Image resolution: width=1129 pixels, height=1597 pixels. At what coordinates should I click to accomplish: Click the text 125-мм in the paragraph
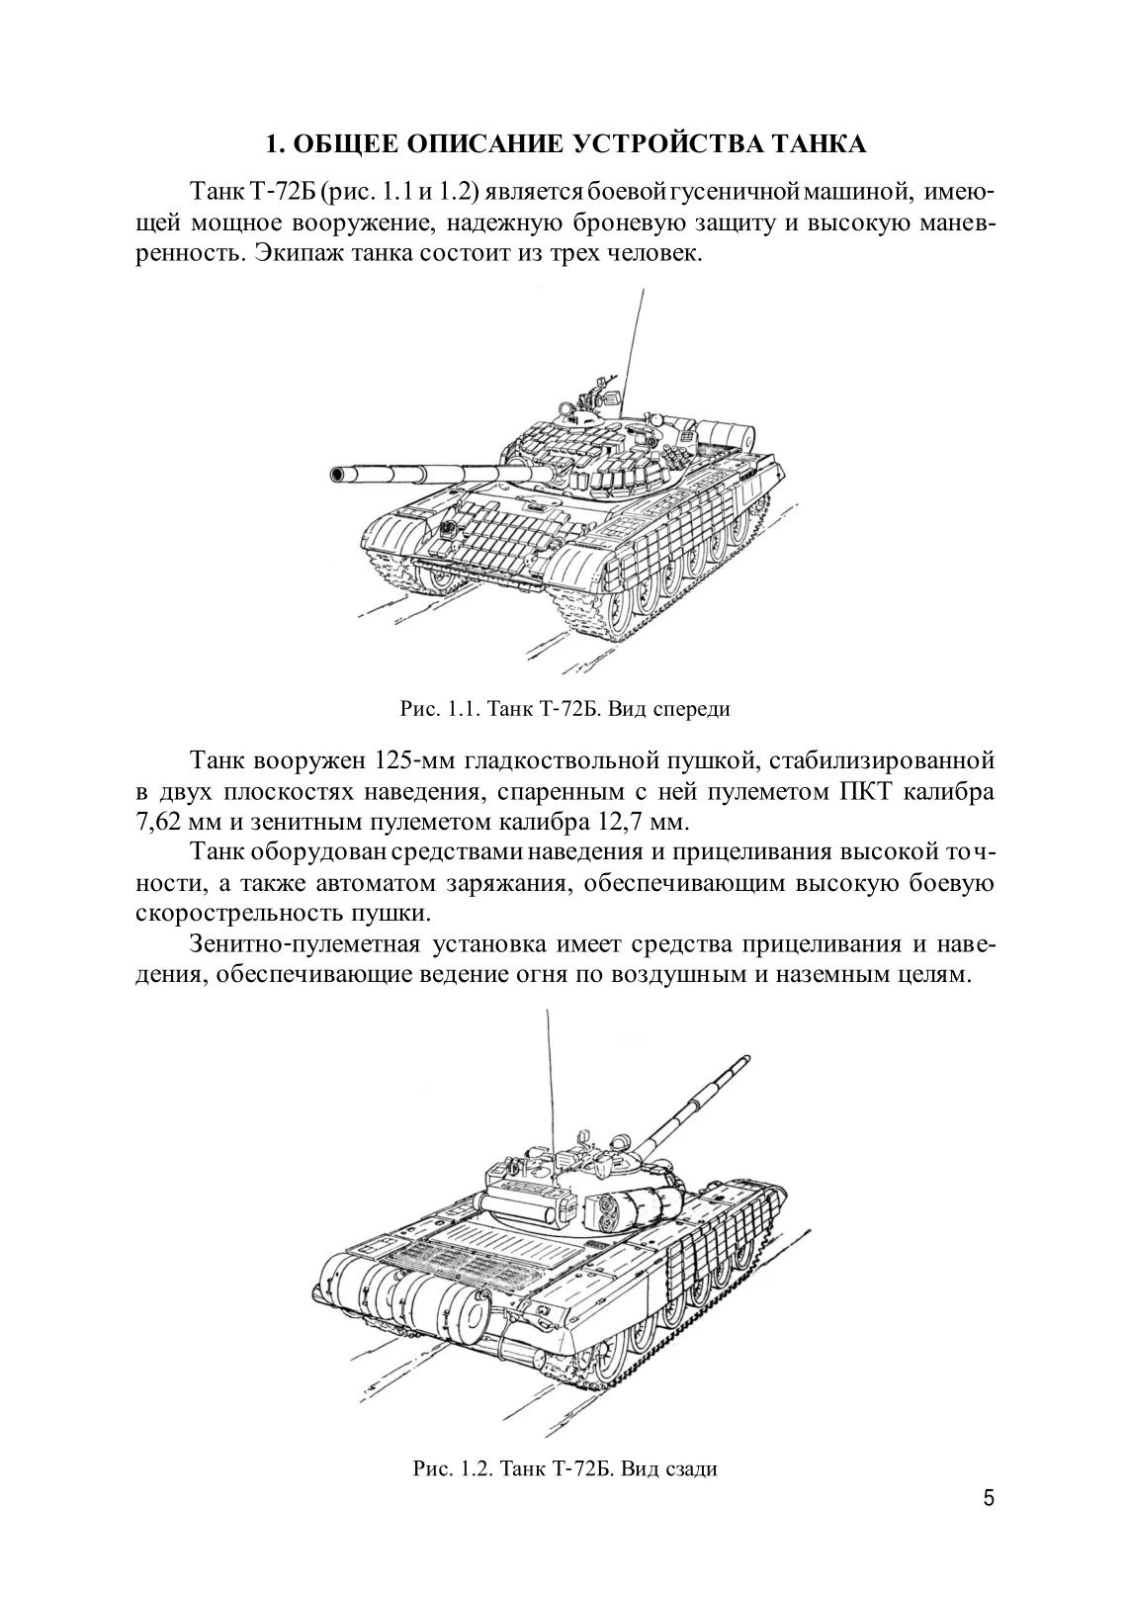pyautogui.click(x=416, y=762)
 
